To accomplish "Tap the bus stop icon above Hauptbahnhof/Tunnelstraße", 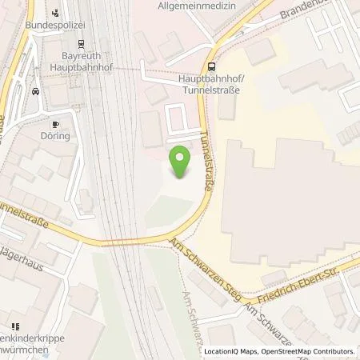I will click(x=210, y=68).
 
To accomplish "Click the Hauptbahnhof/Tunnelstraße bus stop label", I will click(x=209, y=84).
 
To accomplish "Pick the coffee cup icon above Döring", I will click(x=55, y=124).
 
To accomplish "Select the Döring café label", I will click(x=57, y=137).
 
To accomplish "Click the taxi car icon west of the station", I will click(x=34, y=90).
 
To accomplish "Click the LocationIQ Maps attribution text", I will click(x=233, y=351).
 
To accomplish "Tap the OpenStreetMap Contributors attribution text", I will click(x=308, y=351).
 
